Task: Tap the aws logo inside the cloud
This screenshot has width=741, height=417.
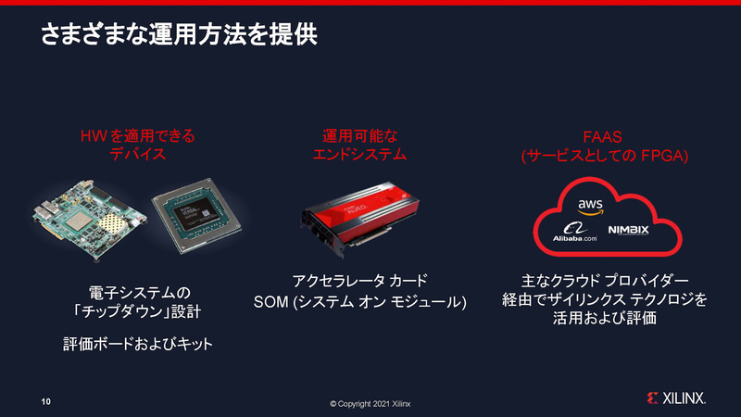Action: (x=590, y=205)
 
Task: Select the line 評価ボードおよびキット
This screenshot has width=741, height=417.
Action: (x=138, y=345)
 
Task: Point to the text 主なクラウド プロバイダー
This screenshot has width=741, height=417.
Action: (x=604, y=281)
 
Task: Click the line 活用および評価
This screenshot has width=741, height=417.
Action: (x=604, y=320)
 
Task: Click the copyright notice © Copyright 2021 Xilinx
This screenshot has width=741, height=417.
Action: (x=370, y=404)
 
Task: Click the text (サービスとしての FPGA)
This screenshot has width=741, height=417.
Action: (x=604, y=156)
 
